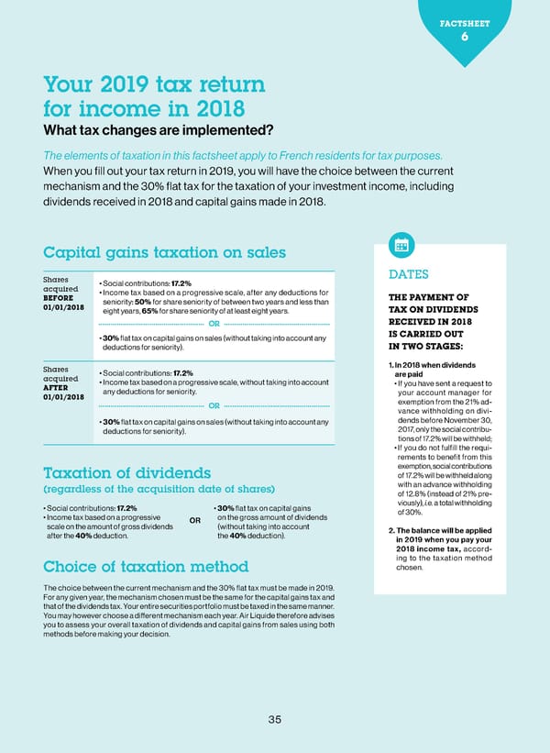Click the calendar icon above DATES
pos(401,245)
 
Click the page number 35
pos(274,719)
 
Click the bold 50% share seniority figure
pos(143,304)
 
